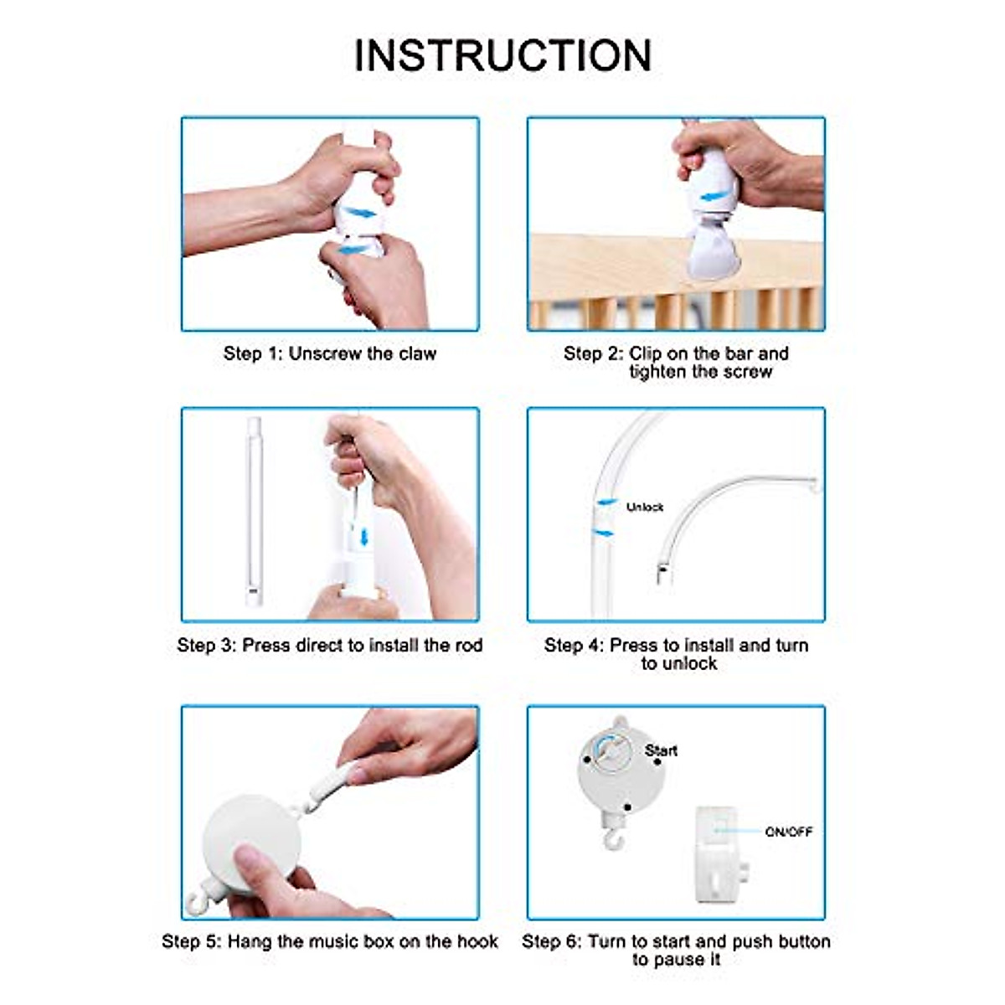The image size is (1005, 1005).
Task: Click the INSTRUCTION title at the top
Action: (502, 56)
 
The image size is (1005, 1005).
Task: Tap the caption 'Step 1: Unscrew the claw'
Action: (329, 353)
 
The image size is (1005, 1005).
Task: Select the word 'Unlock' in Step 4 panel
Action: (644, 507)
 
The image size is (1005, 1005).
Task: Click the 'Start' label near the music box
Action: (661, 750)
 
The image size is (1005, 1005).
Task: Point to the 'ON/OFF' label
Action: (788, 832)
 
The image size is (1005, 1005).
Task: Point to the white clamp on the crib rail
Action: (712, 253)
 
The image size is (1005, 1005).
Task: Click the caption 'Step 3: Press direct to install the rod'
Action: (329, 645)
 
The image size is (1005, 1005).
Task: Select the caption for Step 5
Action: (329, 941)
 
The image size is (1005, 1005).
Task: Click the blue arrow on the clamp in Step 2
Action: (714, 197)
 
